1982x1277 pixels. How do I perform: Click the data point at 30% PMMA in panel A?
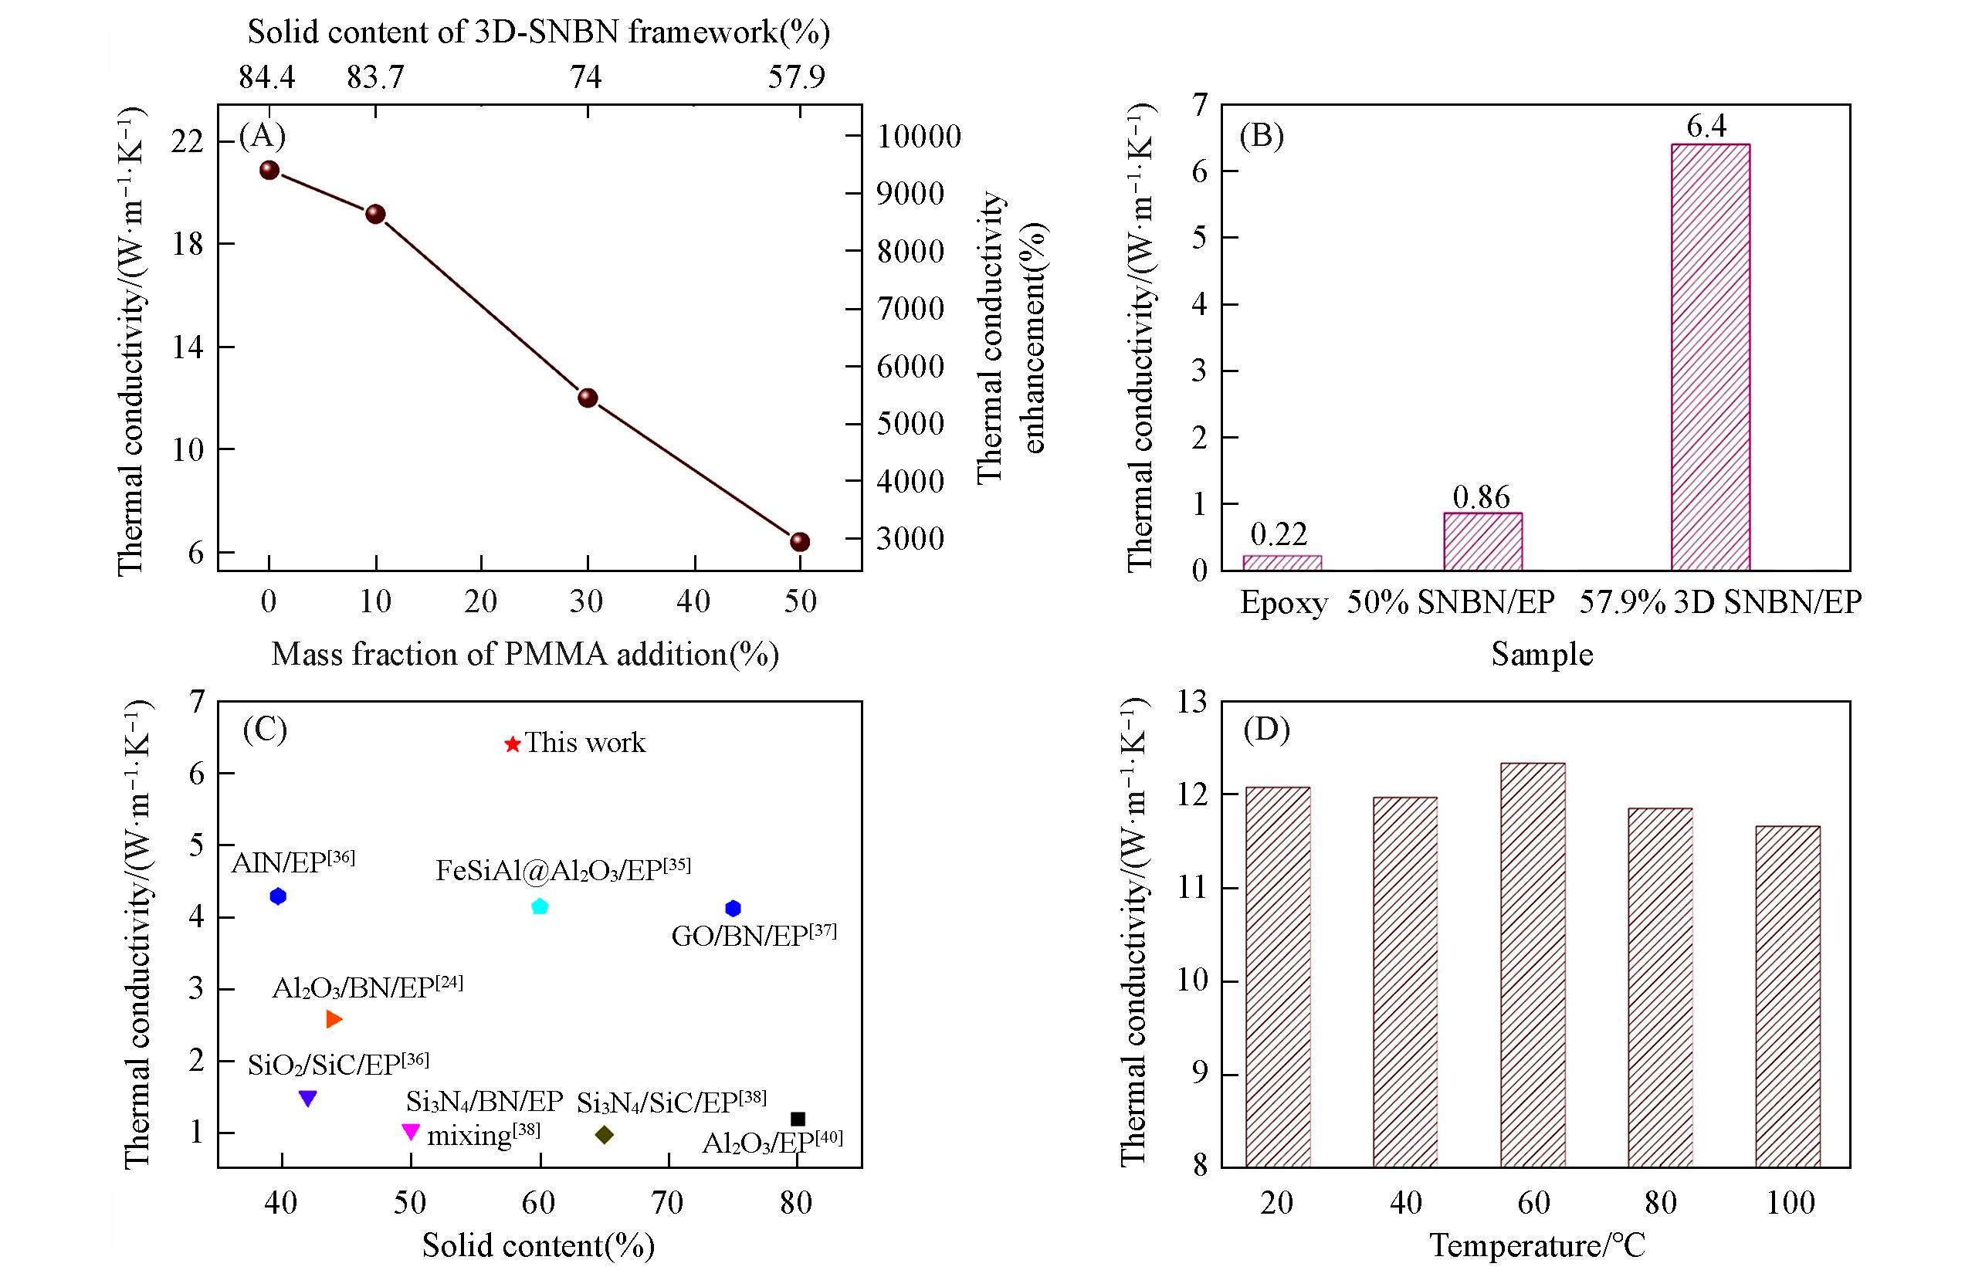[587, 398]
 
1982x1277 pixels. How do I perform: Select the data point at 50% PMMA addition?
[799, 542]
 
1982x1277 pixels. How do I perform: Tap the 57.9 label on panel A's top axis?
[796, 77]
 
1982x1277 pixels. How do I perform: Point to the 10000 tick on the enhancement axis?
[919, 137]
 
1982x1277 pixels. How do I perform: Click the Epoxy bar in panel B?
[1282, 562]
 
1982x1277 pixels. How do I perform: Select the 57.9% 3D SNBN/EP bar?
[1710, 357]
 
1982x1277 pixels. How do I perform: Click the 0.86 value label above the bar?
[1481, 496]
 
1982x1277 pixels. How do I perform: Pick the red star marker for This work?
[513, 744]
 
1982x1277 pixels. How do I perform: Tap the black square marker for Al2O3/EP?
[798, 1119]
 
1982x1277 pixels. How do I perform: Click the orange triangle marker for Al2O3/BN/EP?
[334, 1020]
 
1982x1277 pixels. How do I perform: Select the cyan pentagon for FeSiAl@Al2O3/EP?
[540, 906]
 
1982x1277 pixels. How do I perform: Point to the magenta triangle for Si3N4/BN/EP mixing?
[411, 1131]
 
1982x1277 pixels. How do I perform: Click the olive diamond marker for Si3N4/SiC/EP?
[605, 1134]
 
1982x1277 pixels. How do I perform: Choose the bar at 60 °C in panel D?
[1533, 966]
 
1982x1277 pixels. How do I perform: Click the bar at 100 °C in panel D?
[1788, 997]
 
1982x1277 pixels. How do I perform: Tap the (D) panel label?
[1266, 730]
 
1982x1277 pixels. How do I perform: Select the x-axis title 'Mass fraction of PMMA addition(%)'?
[525, 654]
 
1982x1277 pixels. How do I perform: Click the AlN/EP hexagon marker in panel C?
[278, 896]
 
